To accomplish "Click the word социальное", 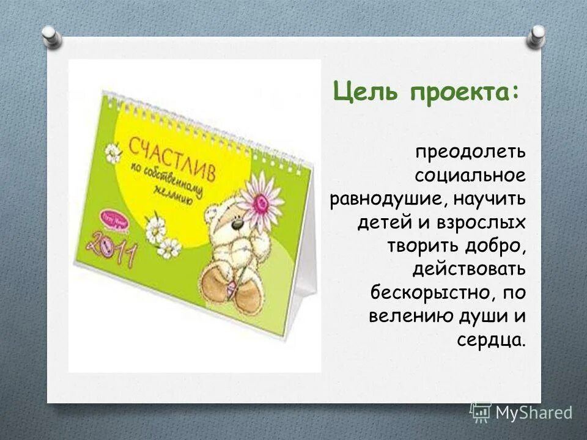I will click(470, 176).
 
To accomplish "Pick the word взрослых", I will click(481, 222).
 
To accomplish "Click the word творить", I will click(418, 245).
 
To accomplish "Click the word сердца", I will click(491, 339).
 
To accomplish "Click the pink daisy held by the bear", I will click(259, 195).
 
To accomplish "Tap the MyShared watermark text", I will click(533, 413).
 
